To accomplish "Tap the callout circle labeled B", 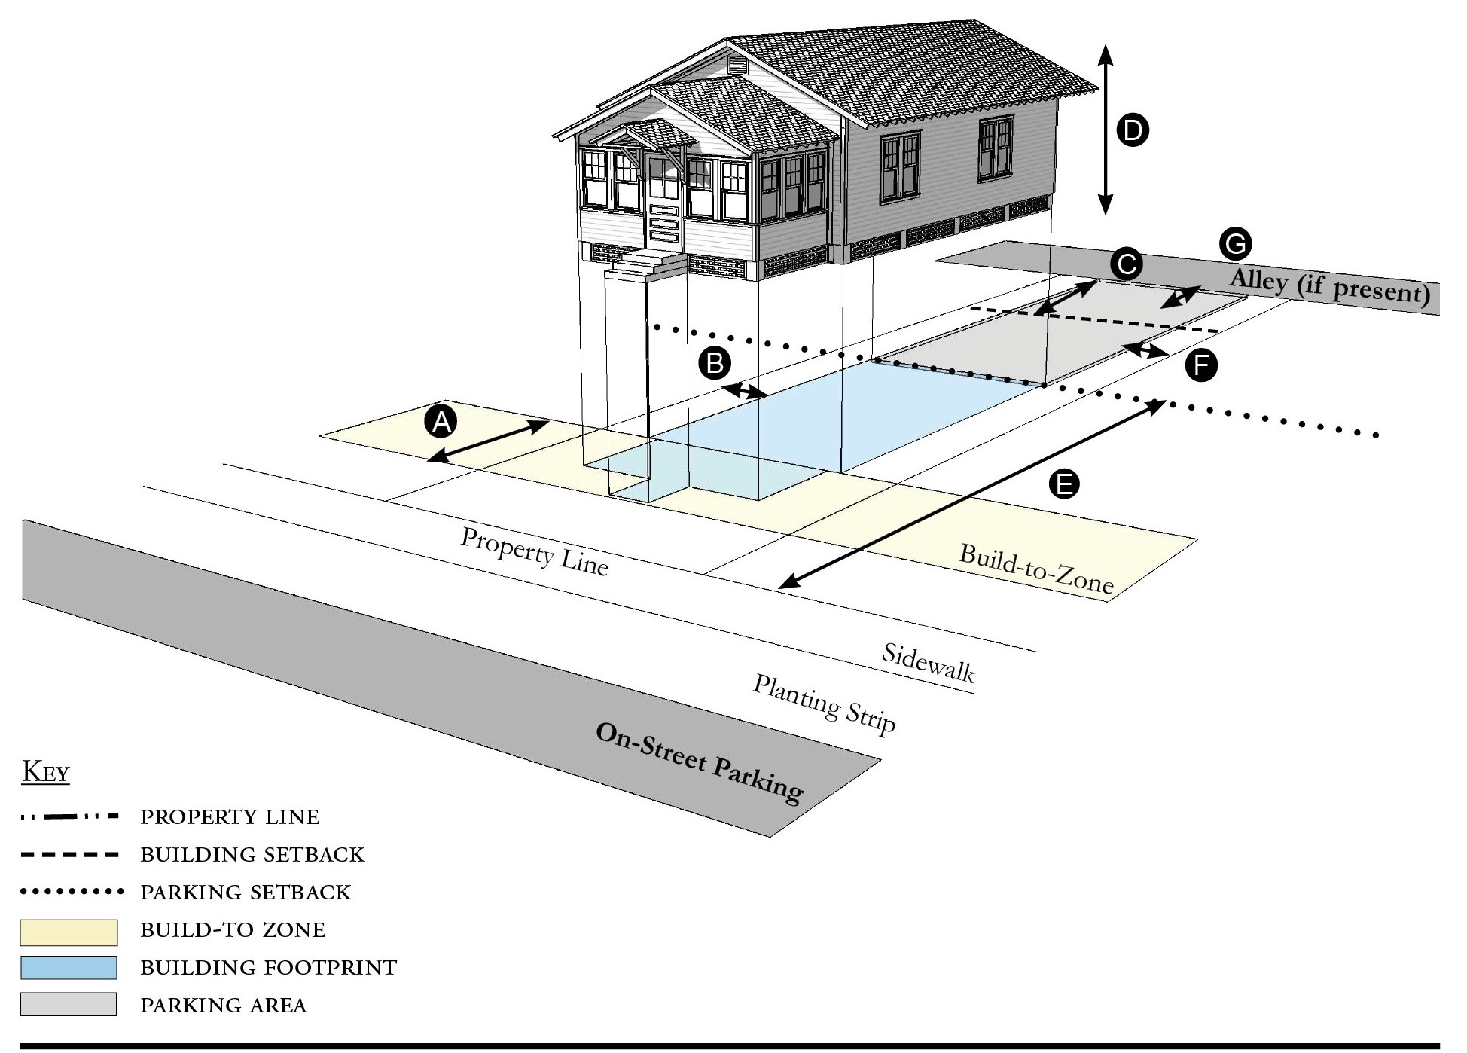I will [715, 363].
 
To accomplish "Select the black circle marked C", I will [1127, 264].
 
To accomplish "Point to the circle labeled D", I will [1132, 130].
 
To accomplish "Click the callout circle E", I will [1064, 484].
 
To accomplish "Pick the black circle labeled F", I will [1201, 366].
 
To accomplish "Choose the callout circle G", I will [1235, 244].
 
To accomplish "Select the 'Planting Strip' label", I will [825, 704].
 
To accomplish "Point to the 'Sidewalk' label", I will [929, 663].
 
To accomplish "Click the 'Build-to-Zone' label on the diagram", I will [1035, 569].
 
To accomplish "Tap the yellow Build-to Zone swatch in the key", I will [69, 932].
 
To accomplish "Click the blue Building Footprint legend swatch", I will [69, 968].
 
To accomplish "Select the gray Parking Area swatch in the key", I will [69, 1004].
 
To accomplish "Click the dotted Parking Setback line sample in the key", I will [72, 893].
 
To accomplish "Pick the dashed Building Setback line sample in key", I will [69, 855].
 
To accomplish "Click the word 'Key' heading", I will [46, 772].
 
